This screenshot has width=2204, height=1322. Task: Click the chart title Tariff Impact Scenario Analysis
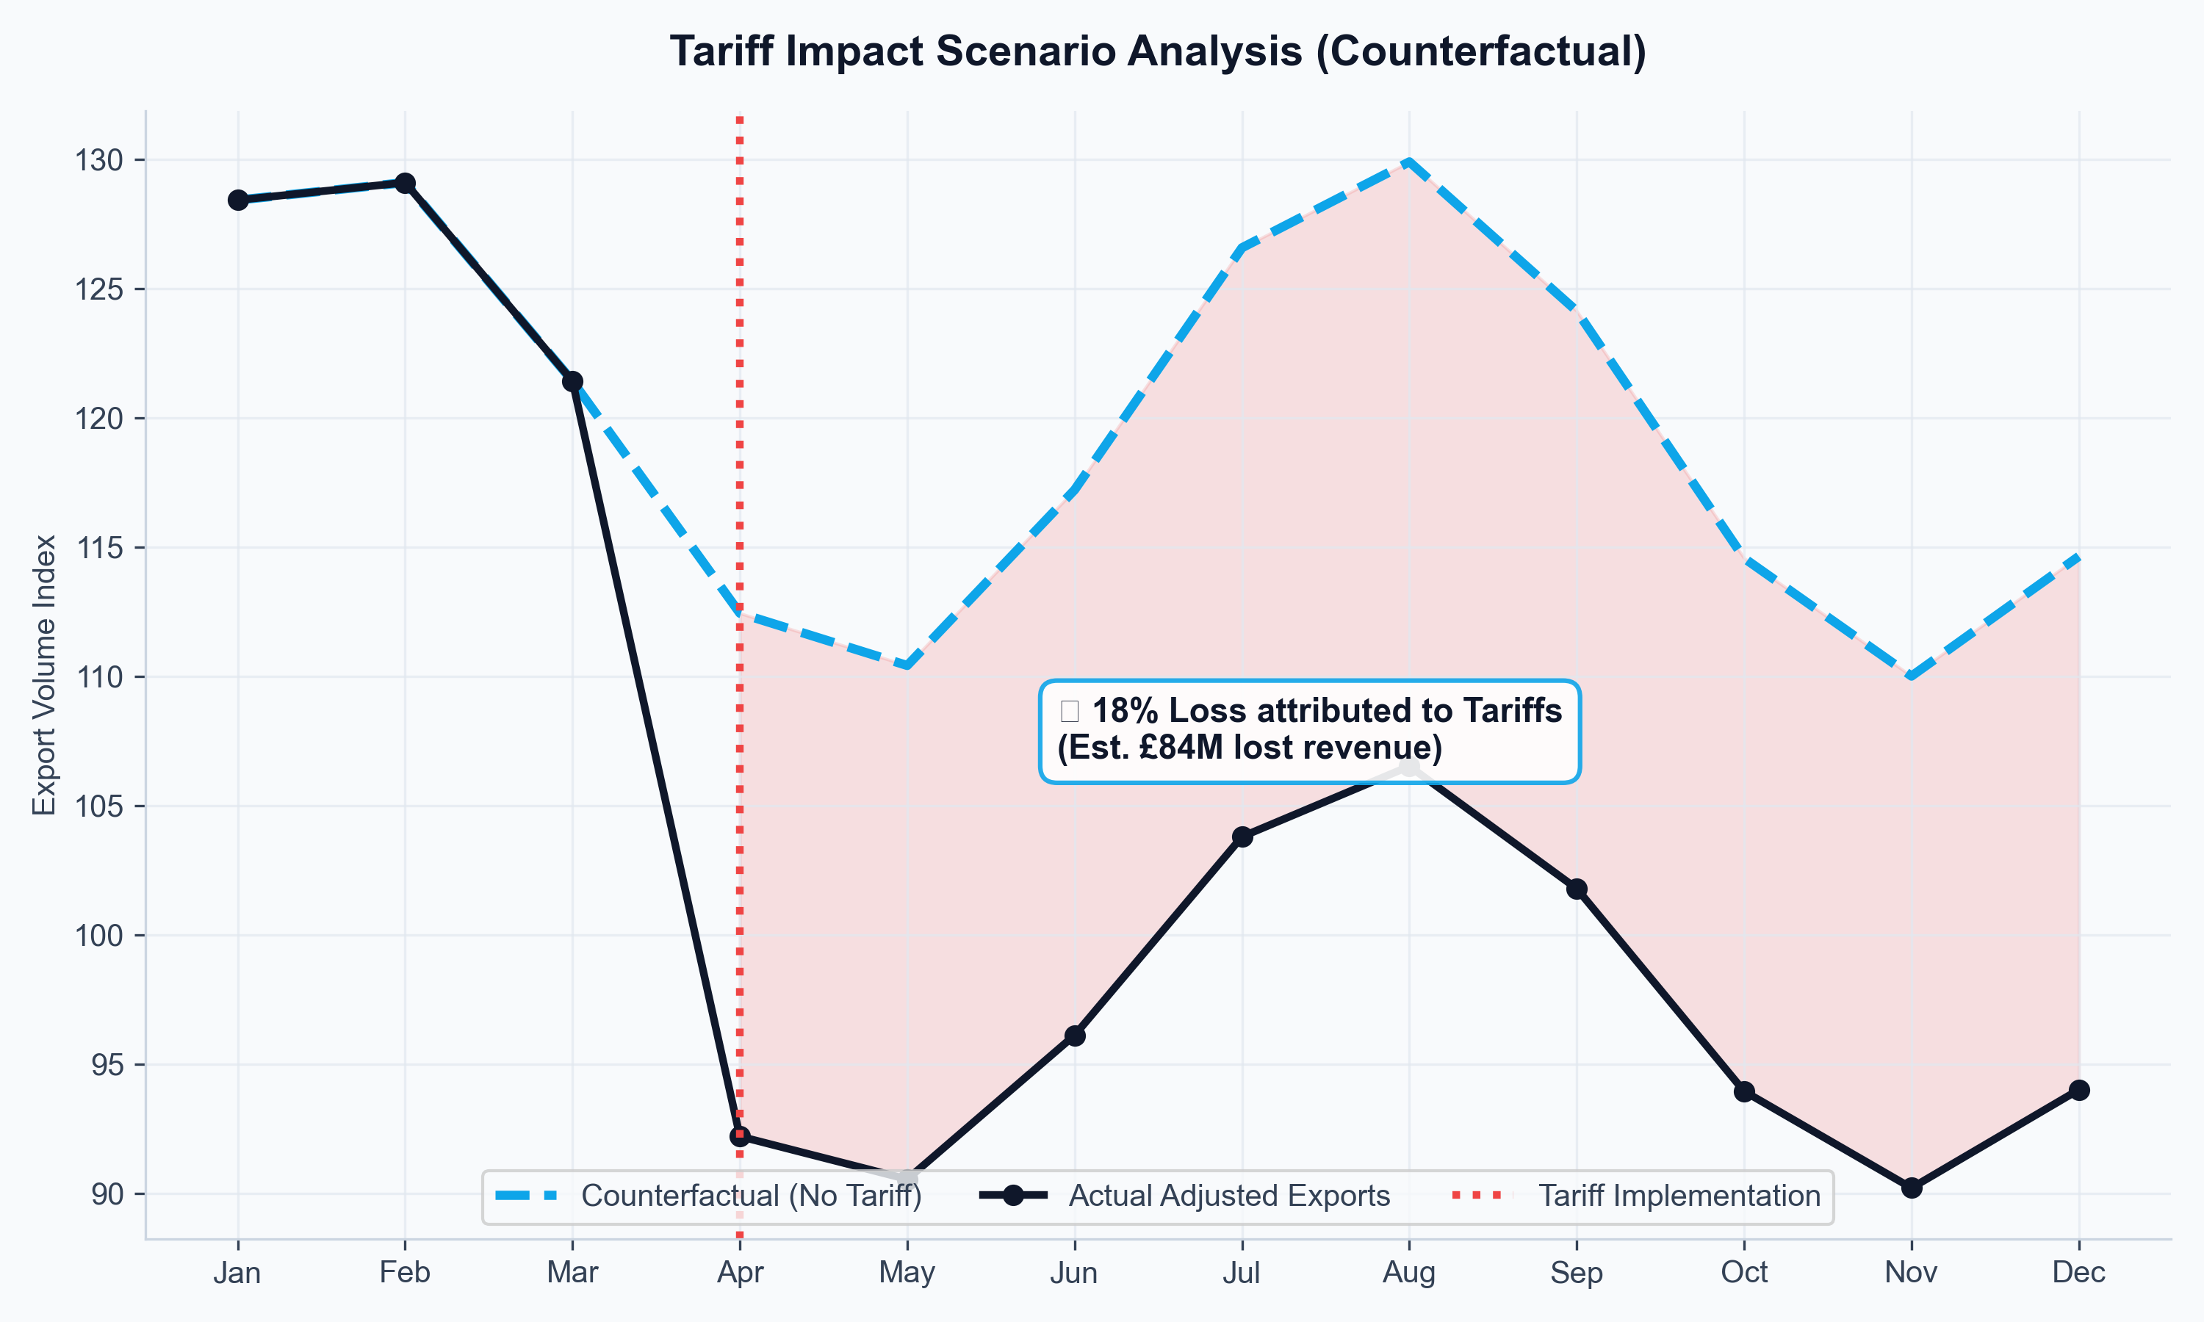pos(1157,51)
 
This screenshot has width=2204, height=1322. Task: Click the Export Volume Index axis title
pos(45,674)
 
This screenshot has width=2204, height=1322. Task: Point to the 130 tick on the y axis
pos(99,160)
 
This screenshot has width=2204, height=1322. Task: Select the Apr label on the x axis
pos(739,1272)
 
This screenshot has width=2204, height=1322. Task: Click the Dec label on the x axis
pos(2078,1272)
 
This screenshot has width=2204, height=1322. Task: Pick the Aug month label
pos(1408,1272)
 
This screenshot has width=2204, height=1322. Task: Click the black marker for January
pos(238,200)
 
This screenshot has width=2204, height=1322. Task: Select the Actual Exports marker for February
pos(405,183)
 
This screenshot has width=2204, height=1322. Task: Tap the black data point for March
pos(572,381)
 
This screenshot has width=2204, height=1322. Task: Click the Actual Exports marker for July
pos(1242,837)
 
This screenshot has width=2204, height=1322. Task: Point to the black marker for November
pos(1911,1188)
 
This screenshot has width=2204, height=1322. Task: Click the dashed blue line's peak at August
pos(1408,162)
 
